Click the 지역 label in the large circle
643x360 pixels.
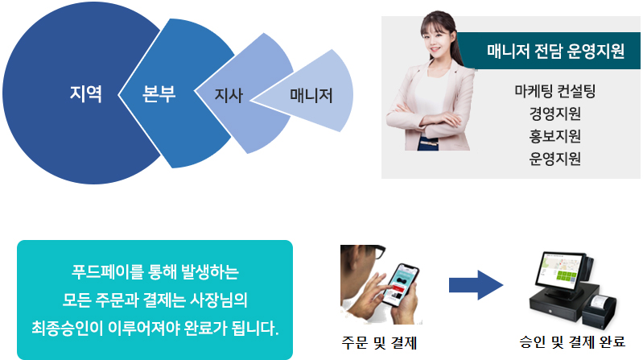pos(85,93)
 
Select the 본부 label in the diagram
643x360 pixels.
pos(159,93)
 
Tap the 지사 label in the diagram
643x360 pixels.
pos(229,95)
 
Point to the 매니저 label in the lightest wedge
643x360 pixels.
pos(311,95)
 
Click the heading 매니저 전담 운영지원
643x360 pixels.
pos(555,52)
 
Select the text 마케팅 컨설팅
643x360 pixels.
pos(554,91)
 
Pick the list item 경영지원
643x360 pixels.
pos(554,114)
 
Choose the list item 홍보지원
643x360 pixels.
pos(554,136)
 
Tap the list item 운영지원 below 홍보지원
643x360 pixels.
pos(554,159)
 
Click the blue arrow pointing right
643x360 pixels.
pos(476,285)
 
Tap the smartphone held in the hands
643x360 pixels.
pos(400,285)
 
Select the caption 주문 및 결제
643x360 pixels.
pos(379,343)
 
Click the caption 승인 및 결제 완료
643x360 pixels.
pos(572,341)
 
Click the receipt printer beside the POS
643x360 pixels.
pos(599,311)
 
